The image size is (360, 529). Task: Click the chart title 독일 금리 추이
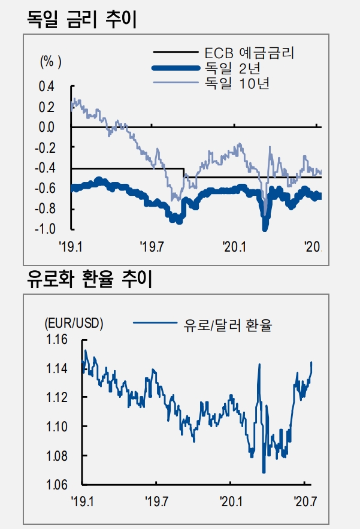point(83,19)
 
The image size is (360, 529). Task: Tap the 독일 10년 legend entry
point(237,81)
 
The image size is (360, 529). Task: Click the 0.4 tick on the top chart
point(46,87)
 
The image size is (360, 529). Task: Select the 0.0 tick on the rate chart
point(46,128)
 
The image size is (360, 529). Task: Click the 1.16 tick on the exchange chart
point(56,340)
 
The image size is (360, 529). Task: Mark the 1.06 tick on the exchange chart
point(56,485)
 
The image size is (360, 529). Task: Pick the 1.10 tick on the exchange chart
point(56,427)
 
